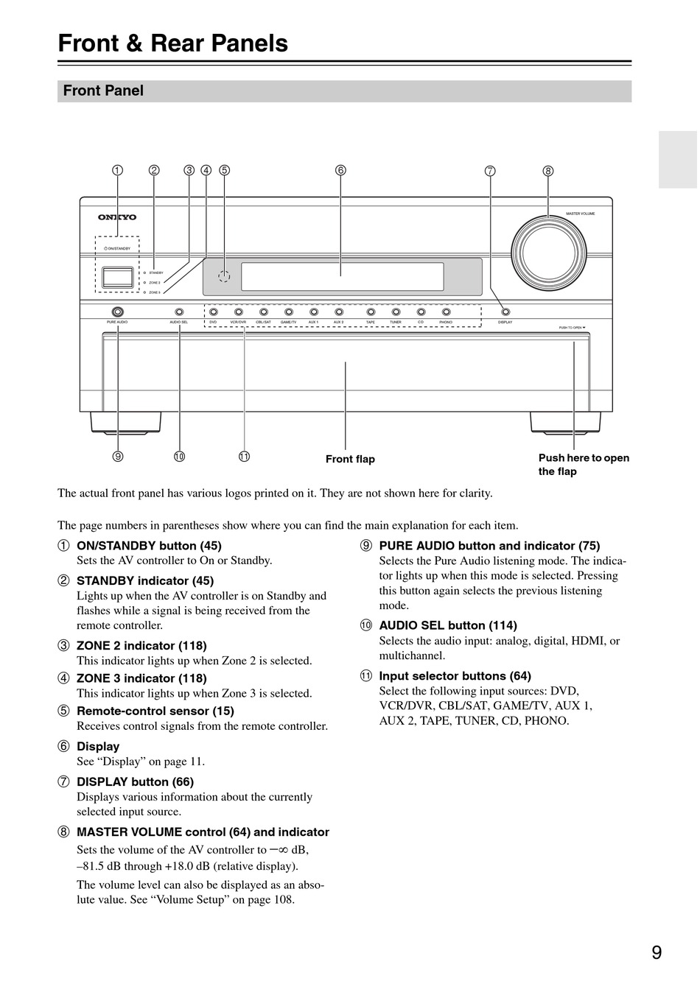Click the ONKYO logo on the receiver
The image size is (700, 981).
[118, 217]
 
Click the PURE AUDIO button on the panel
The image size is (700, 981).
[117, 312]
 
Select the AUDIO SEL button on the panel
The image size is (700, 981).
[179, 312]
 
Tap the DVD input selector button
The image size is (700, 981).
[213, 312]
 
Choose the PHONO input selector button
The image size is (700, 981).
[446, 312]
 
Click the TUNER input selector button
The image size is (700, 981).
[396, 312]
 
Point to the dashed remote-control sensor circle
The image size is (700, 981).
[224, 276]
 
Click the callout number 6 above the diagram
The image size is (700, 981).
[340, 170]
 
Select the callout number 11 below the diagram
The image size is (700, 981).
[244, 457]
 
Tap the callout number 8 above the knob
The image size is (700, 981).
[547, 171]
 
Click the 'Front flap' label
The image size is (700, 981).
[350, 460]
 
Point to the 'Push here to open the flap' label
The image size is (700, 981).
[584, 465]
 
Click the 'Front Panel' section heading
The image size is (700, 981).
[103, 91]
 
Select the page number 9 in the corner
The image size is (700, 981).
[657, 952]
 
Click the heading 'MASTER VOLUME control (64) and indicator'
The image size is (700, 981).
[203, 832]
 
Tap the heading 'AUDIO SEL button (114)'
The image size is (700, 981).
[447, 625]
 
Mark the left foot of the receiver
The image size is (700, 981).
[125, 421]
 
